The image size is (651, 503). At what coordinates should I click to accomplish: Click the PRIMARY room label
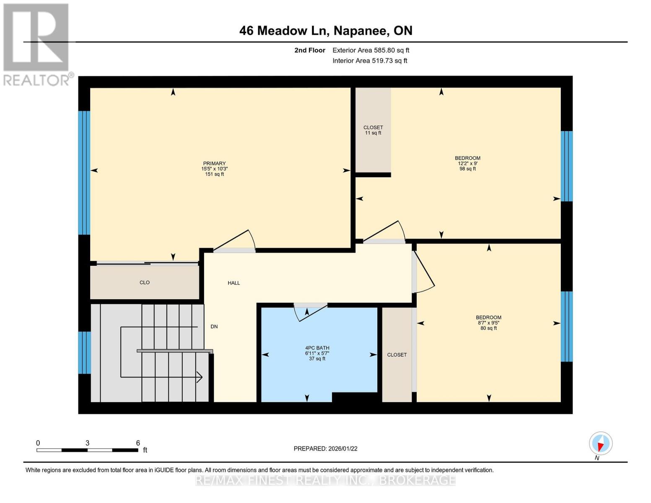(214, 169)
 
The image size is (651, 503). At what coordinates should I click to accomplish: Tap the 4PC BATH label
(317, 353)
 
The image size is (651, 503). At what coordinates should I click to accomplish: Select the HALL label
(233, 283)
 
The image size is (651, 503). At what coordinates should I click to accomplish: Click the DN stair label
(214, 327)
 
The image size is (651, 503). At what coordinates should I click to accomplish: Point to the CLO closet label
(145, 283)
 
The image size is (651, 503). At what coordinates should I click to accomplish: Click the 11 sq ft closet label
(373, 130)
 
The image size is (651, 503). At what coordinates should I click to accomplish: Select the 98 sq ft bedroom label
(467, 163)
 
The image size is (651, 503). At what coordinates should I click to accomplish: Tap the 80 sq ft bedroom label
(488, 323)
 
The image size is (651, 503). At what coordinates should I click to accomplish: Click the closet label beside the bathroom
(397, 355)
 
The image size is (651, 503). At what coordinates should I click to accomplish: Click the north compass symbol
(601, 443)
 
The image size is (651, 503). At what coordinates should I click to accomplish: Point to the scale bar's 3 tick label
(87, 443)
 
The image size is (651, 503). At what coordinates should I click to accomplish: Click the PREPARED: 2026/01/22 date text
(325, 449)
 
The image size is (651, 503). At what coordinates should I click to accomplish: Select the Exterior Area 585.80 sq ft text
(371, 50)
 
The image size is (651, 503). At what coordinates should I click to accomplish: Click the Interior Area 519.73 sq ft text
(370, 61)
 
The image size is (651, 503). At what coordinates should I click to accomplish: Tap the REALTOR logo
(37, 44)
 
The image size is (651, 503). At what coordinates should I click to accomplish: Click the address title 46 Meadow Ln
(326, 31)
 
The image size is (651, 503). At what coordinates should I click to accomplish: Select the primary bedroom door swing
(237, 241)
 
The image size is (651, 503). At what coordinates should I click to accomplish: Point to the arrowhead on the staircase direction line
(200, 377)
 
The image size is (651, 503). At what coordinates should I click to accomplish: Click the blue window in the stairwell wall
(84, 352)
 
